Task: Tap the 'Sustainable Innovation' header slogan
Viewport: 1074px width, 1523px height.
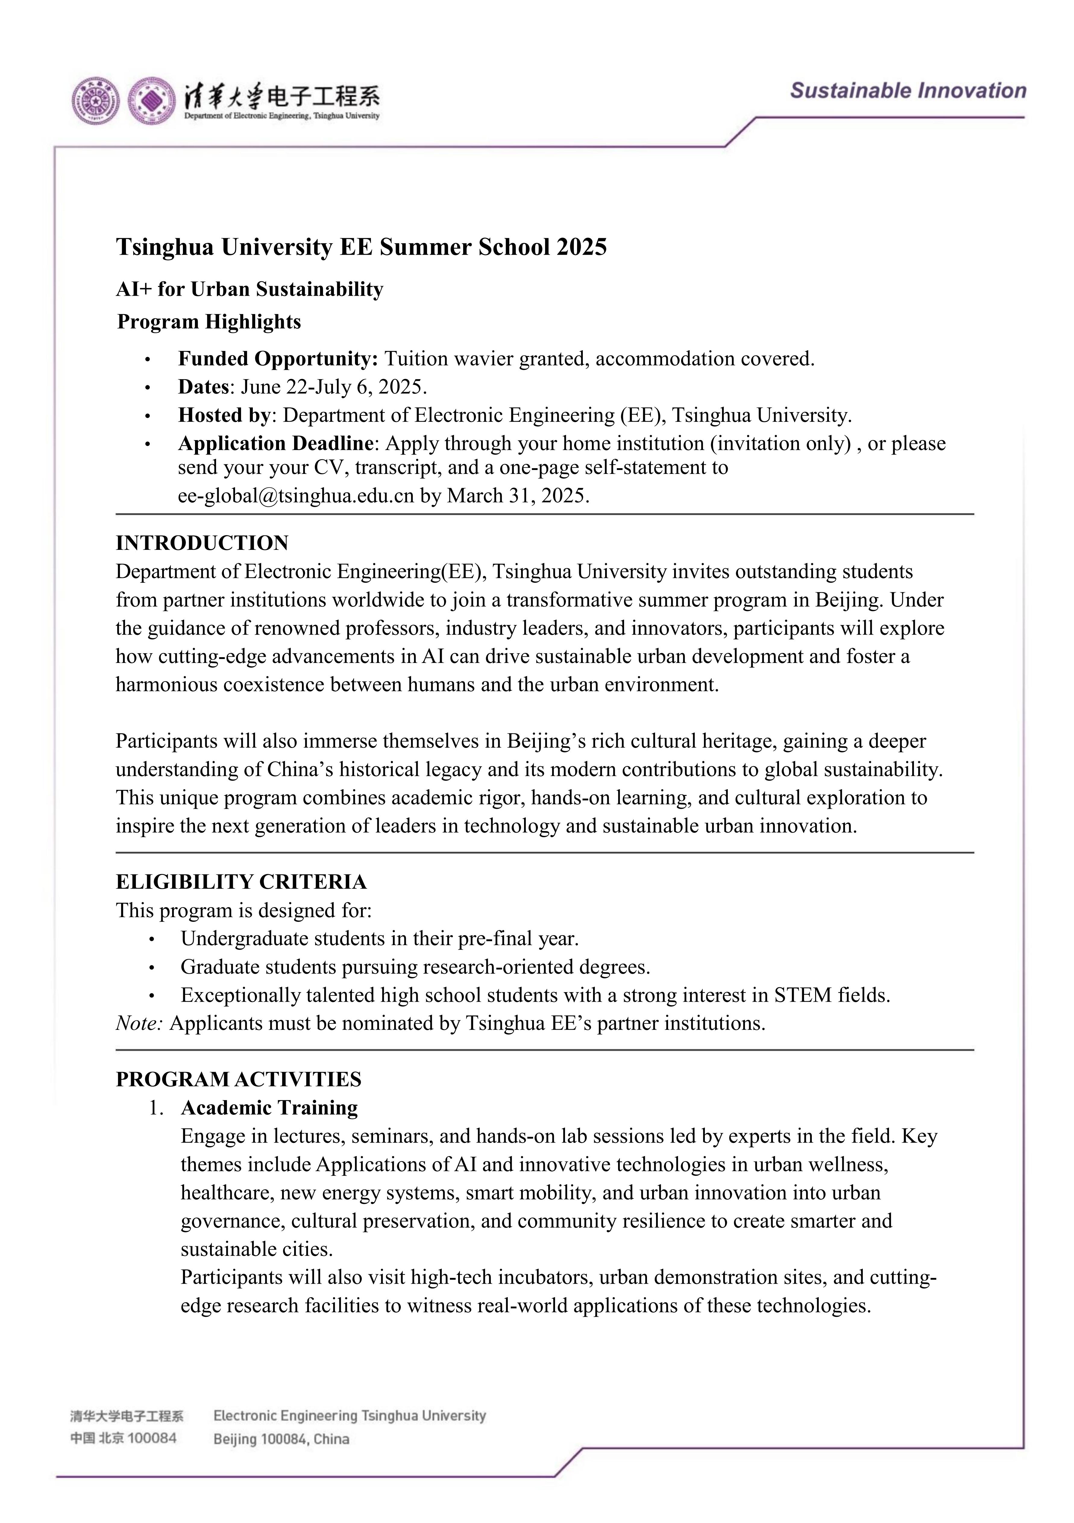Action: tap(908, 91)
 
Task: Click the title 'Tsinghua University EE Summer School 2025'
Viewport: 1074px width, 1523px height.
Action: tap(361, 247)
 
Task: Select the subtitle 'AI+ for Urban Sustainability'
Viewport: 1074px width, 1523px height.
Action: tap(250, 289)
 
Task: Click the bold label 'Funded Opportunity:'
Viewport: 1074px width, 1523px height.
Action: tap(278, 359)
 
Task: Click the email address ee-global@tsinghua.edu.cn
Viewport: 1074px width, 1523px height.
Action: tap(296, 496)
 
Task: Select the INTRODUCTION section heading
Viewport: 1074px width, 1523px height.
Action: tap(202, 543)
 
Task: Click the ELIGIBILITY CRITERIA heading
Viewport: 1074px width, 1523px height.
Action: tap(241, 881)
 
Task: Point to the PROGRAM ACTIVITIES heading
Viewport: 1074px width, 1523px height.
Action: tap(239, 1079)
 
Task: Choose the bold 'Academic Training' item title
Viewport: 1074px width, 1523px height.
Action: tap(269, 1108)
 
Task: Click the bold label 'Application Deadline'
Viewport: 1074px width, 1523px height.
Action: tap(276, 443)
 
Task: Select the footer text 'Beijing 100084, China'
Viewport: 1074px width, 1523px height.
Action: tap(281, 1439)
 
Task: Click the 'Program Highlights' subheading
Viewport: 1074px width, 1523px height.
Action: tap(209, 322)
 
